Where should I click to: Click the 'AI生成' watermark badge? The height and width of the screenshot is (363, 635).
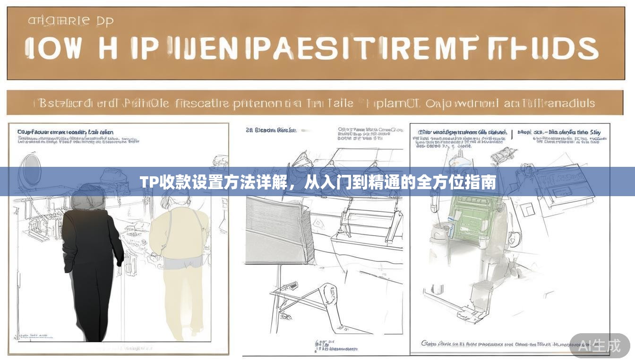(x=600, y=346)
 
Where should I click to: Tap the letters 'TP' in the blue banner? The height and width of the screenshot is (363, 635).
(x=148, y=181)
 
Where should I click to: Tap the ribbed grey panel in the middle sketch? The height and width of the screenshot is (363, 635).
(x=279, y=227)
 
